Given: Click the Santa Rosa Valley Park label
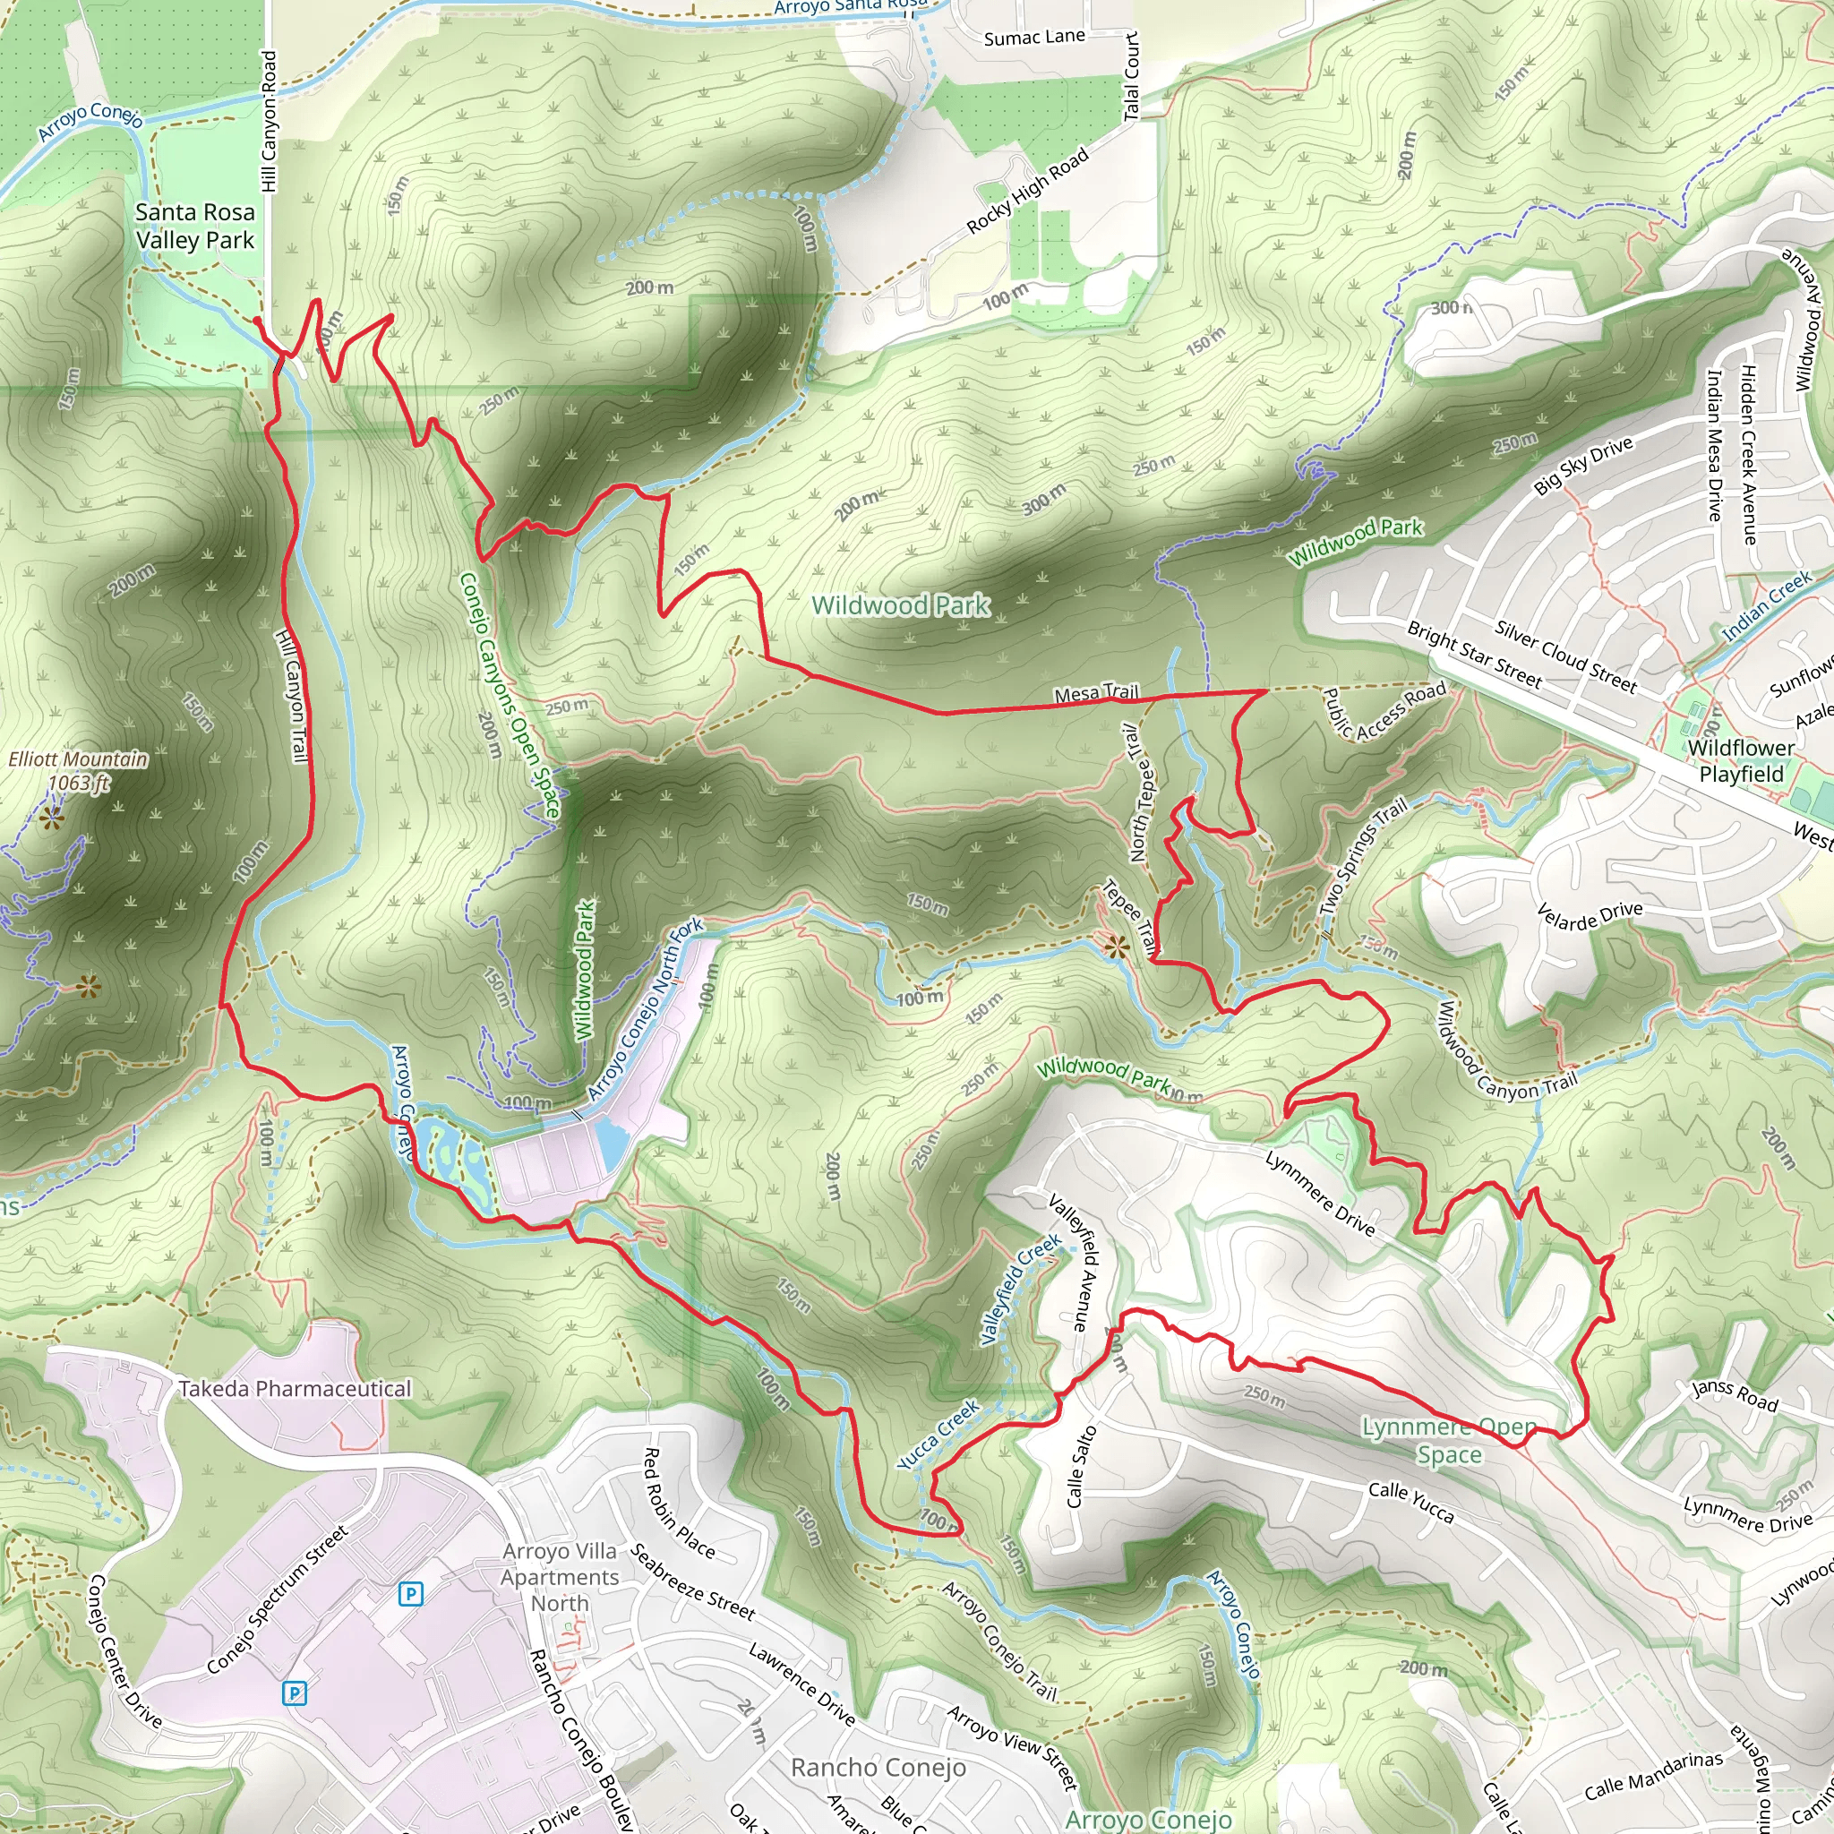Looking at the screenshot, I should click(194, 226).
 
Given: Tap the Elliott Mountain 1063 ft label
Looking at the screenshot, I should click(79, 771).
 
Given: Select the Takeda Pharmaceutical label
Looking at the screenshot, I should click(295, 1389).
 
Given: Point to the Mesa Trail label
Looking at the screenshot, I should click(1096, 694).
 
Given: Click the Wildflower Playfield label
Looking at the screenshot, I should click(1741, 760).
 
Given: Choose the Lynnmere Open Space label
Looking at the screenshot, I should click(1449, 1440).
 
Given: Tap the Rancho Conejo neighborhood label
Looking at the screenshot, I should click(878, 1767).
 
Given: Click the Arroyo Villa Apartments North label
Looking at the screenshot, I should click(560, 1577).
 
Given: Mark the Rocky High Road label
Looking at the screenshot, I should click(1027, 191).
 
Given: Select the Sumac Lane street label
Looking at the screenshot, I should click(1033, 38).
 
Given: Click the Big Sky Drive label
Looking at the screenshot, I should click(1583, 465).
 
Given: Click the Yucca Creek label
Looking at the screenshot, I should click(938, 1435).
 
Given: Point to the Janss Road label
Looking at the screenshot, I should click(1735, 1394).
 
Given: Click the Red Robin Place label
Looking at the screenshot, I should click(679, 1503).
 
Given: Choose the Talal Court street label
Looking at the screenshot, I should click(1131, 76).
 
